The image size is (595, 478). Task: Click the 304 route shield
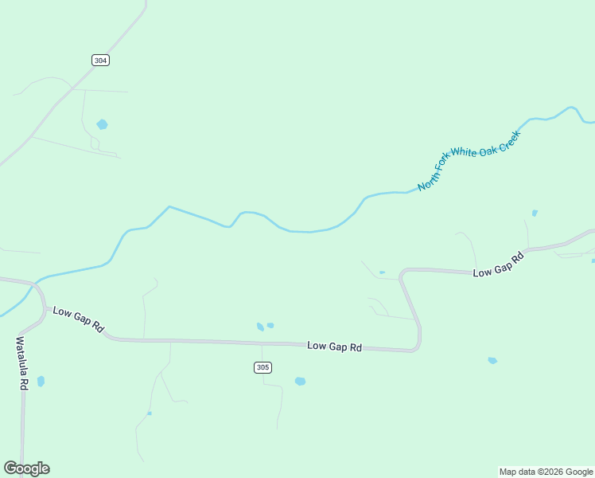[x=100, y=60]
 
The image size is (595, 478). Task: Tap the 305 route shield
[x=263, y=367]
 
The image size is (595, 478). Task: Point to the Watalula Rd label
[x=22, y=362]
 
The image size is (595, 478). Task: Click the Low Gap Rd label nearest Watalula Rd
[x=79, y=319]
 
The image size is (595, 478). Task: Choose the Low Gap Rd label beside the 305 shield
[x=334, y=347]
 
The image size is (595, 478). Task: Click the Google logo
[x=26, y=468]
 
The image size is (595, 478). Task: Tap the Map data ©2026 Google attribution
[x=546, y=472]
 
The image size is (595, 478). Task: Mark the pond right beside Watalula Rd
[x=41, y=382]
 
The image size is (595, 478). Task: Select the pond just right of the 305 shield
[x=300, y=382]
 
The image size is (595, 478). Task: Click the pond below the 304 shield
[x=102, y=124]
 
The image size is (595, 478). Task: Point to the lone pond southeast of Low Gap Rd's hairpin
[x=492, y=361]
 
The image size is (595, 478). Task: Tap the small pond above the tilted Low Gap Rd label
[x=535, y=213]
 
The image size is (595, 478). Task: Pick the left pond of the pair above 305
[x=260, y=327]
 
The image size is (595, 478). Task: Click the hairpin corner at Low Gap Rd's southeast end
[x=417, y=347]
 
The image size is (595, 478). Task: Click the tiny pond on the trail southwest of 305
[x=150, y=413]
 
